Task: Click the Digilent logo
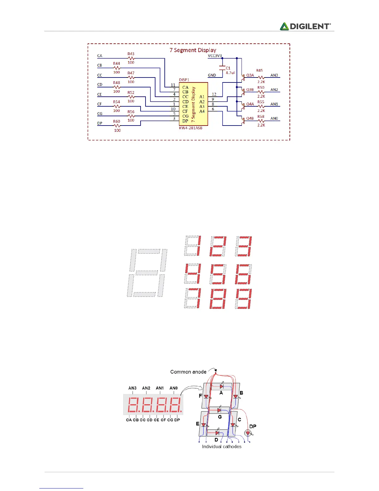click(305, 26)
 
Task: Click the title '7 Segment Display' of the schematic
click(193, 50)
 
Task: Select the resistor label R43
click(131, 54)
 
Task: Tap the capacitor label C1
click(228, 68)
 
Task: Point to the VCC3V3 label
click(215, 56)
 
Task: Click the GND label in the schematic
click(212, 75)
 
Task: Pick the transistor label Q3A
click(250, 75)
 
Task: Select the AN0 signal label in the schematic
click(274, 118)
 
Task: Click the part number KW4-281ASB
click(191, 128)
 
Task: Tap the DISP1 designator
click(184, 80)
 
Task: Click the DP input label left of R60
click(100, 123)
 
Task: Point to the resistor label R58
click(261, 117)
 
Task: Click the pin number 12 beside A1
click(214, 94)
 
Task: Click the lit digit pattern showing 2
click(218, 246)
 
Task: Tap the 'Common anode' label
click(188, 372)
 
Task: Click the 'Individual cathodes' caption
click(222, 447)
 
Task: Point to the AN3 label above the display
click(132, 388)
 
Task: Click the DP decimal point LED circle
click(247, 433)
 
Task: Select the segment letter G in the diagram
click(220, 417)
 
